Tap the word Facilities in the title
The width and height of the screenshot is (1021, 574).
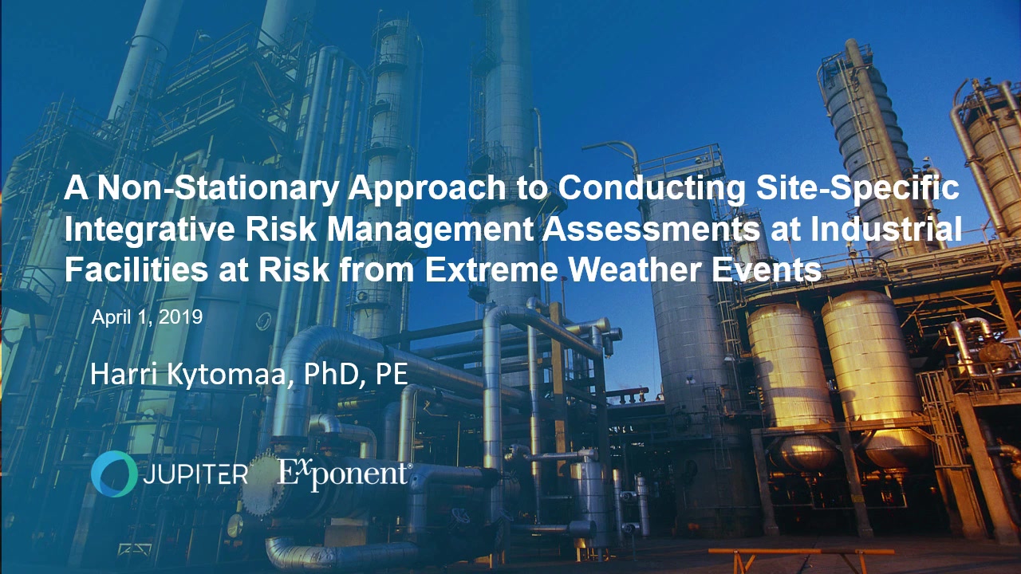136,269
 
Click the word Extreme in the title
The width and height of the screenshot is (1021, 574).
491,269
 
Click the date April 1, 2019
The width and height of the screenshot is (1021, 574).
147,317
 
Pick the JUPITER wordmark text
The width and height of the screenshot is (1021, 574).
196,474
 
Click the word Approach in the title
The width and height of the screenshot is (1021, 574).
427,190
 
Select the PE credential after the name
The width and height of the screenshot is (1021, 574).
392,375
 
